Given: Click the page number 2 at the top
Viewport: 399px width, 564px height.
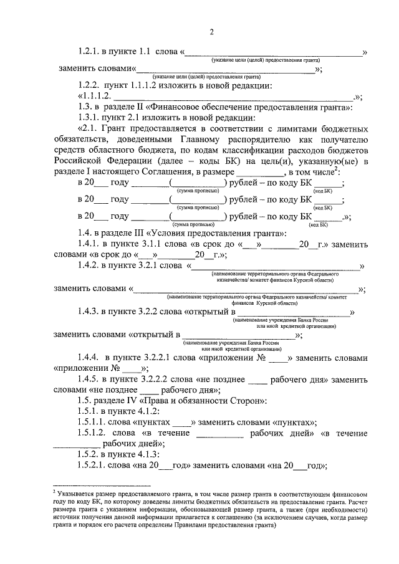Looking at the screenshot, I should (211, 32).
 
